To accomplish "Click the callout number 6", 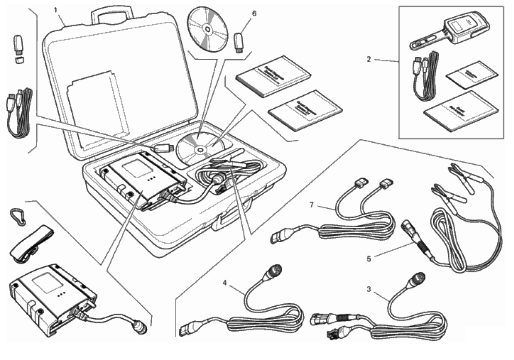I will tap(254, 13).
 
